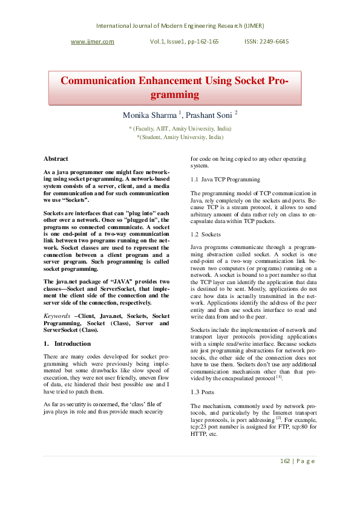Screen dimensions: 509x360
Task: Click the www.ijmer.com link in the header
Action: pos(93,42)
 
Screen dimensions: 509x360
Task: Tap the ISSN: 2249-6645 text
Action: pos(266,42)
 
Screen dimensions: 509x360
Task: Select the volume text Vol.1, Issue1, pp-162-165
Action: pos(184,42)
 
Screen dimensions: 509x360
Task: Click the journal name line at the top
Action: pos(180,25)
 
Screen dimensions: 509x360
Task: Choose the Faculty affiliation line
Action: pos(180,129)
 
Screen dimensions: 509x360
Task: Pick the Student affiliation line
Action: pos(180,137)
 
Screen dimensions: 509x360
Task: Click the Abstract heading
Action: pos(56,158)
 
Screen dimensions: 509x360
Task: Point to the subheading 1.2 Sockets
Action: pos(206,234)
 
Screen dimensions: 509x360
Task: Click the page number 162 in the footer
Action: pos(285,461)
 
